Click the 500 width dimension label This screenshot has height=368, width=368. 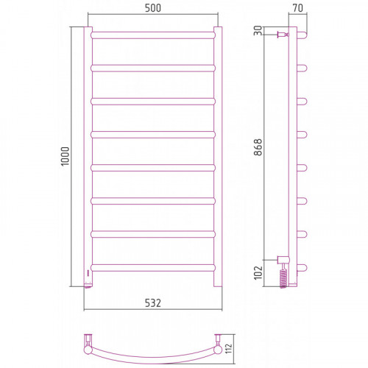click(153, 8)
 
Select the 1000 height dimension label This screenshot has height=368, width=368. click(66, 157)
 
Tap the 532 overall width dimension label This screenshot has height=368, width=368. click(153, 303)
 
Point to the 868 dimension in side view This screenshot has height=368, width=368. click(258, 147)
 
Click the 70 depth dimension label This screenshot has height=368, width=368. click(298, 8)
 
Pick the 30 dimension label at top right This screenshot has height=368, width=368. click(258, 31)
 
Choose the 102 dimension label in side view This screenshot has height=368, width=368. click(258, 272)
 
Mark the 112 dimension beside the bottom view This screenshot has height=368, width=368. click(228, 349)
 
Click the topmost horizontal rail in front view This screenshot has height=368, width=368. click(153, 35)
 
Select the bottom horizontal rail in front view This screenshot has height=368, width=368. click(153, 268)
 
